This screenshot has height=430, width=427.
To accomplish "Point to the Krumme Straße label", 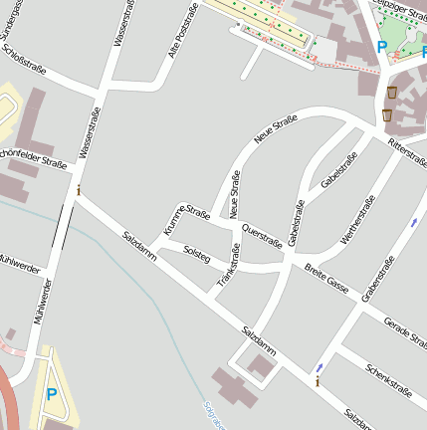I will [175, 221].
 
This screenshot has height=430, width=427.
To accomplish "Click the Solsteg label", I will [198, 255].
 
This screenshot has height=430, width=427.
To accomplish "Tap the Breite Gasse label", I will [325, 278].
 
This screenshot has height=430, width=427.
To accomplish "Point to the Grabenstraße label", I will [378, 278].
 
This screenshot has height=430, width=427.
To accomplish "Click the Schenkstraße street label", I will [388, 380].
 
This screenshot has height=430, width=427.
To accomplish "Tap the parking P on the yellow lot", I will [51, 395].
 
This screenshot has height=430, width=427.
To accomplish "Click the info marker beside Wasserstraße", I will [79, 188].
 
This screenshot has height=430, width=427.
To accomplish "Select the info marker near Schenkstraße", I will [318, 380].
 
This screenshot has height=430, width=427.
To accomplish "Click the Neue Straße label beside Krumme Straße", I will [235, 195].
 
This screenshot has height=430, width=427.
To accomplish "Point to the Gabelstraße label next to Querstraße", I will [295, 223].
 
